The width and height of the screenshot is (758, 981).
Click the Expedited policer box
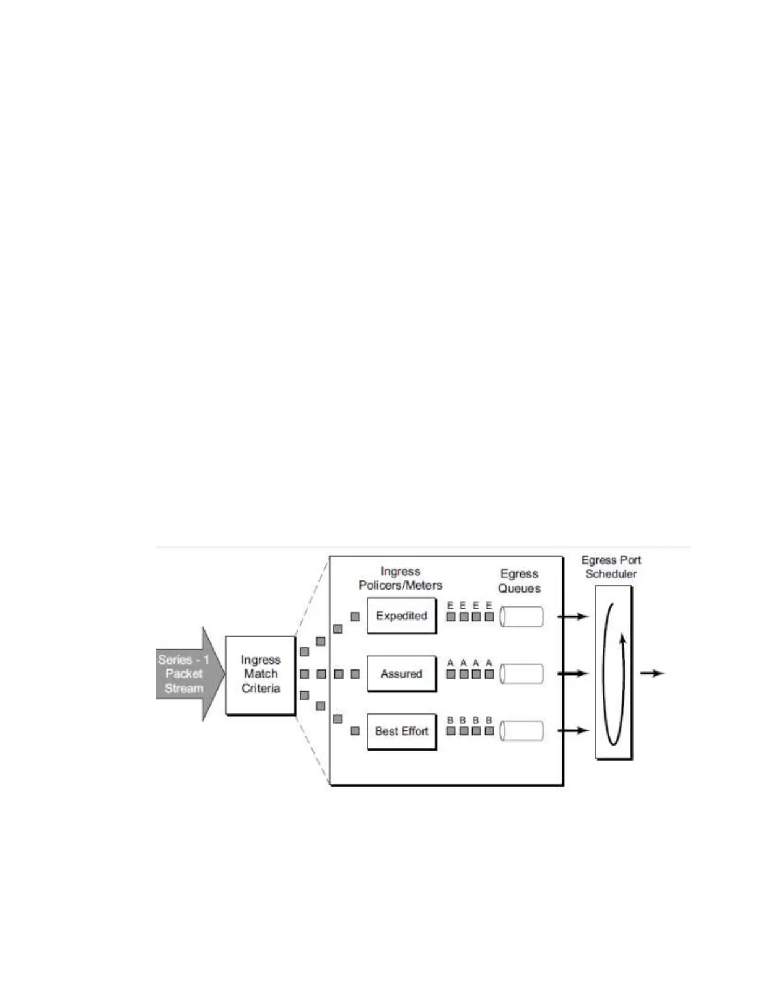pyautogui.click(x=401, y=616)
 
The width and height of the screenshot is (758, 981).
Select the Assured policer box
pyautogui.click(x=401, y=674)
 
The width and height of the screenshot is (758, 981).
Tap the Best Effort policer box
pyautogui.click(x=401, y=731)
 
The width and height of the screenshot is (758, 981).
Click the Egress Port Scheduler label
pyautogui.click(x=611, y=567)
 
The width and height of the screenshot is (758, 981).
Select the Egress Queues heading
pyautogui.click(x=519, y=581)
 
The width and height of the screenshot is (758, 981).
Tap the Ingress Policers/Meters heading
pyautogui.click(x=401, y=578)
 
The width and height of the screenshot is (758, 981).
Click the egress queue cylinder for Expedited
pyautogui.click(x=521, y=616)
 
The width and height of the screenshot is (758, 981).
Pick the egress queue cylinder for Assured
pyautogui.click(x=521, y=674)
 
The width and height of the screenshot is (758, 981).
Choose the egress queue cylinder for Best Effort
pyautogui.click(x=521, y=731)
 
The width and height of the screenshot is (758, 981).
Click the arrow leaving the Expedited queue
pyautogui.click(x=573, y=616)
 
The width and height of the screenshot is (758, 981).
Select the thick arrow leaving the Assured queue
pyautogui.click(x=573, y=674)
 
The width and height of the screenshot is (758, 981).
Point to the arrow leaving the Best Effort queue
pyautogui.click(x=573, y=730)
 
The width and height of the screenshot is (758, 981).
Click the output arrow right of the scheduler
pyautogui.click(x=652, y=673)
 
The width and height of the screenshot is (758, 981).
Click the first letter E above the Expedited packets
pyautogui.click(x=450, y=606)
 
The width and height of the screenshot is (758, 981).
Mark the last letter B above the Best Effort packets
pyautogui.click(x=489, y=720)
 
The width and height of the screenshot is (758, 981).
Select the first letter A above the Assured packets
pyautogui.click(x=450, y=663)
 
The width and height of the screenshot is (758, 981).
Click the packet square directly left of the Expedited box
pyautogui.click(x=355, y=616)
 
